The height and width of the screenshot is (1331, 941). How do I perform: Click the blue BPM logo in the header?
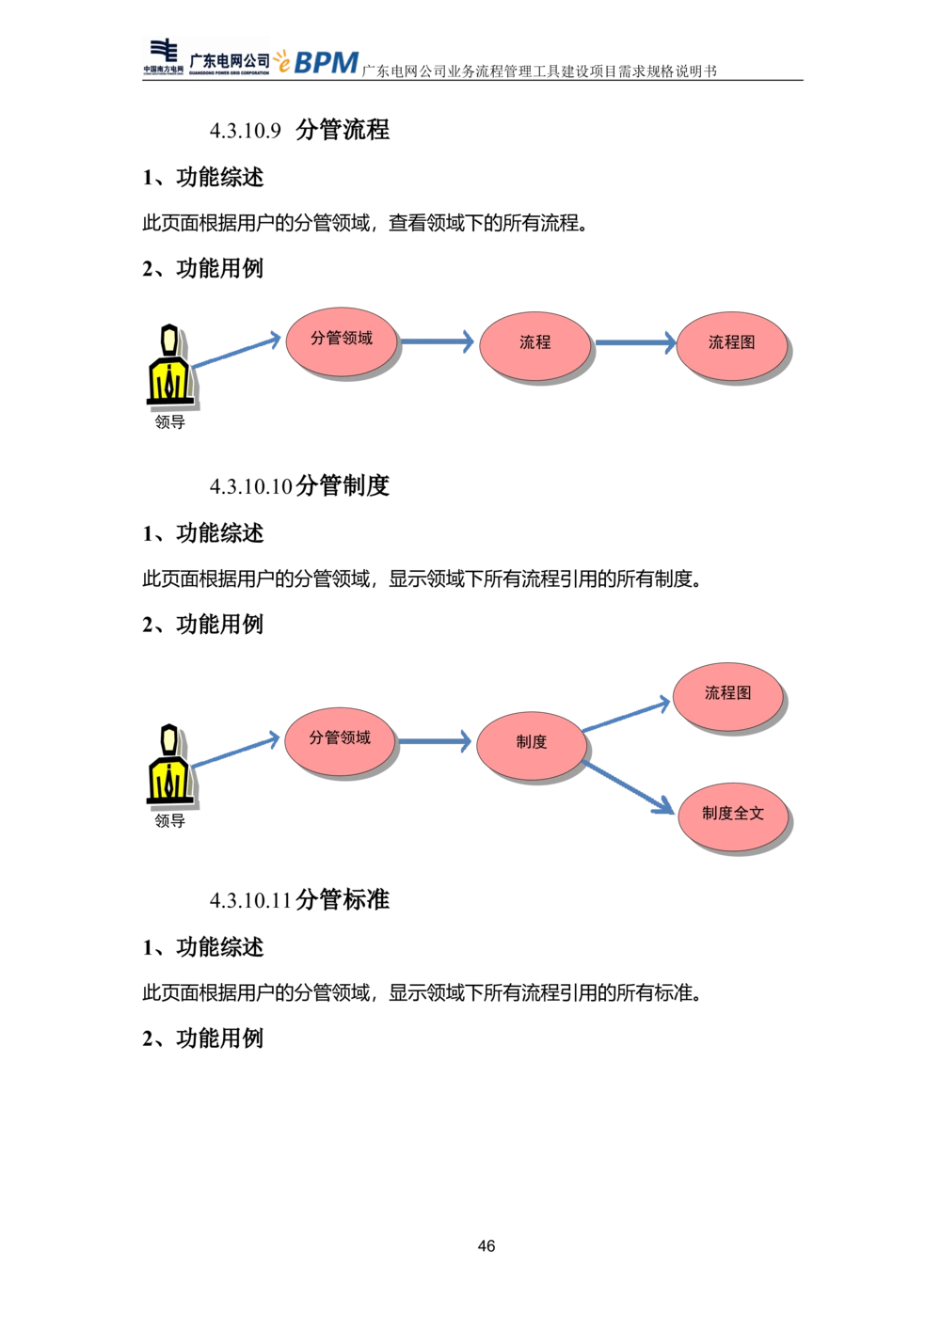click(326, 62)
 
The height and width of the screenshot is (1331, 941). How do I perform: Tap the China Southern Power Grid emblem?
click(164, 56)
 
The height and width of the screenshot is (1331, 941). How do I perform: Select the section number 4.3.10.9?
click(245, 131)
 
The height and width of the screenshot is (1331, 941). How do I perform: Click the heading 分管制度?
click(343, 485)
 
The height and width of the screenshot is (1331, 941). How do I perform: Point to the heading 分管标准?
click(343, 899)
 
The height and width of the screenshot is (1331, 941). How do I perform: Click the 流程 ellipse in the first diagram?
click(534, 346)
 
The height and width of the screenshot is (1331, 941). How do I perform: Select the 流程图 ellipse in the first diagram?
click(732, 346)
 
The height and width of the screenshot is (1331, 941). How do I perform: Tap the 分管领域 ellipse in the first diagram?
click(342, 341)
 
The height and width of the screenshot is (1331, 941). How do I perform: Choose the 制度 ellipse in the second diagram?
click(532, 746)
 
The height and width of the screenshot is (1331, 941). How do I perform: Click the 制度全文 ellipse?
click(733, 817)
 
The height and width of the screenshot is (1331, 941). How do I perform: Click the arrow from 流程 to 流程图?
click(636, 342)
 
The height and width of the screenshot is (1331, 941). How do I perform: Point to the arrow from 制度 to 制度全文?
click(628, 787)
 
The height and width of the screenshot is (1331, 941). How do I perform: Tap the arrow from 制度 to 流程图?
click(626, 716)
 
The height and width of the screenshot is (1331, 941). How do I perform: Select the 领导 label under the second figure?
click(170, 820)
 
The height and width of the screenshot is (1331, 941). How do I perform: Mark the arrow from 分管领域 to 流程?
click(437, 341)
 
